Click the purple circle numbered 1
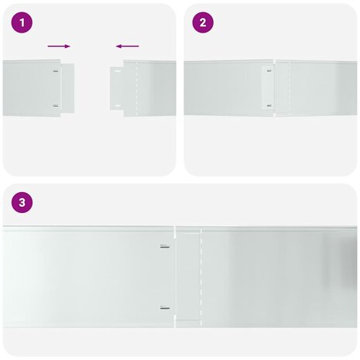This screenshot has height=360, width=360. [22, 22]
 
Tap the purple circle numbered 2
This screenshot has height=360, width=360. [203, 22]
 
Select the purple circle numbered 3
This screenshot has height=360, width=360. [22, 203]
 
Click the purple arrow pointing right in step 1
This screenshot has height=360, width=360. [58, 46]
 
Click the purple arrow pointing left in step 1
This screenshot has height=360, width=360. [127, 46]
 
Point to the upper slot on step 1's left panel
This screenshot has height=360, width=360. [56, 72]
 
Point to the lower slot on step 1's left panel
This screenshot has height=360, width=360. [56, 105]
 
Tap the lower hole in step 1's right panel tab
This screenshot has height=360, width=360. [117, 105]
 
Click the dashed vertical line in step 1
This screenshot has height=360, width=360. [136, 88]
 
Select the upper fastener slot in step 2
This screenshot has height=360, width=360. [269, 72]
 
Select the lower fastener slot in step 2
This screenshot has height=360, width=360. [269, 105]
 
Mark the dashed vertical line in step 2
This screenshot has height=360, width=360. [288, 88]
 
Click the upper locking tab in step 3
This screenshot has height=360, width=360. [165, 248]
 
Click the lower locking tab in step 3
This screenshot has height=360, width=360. [165, 308]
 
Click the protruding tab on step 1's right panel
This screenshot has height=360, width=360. [118, 88]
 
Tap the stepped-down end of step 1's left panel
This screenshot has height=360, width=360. [68, 88]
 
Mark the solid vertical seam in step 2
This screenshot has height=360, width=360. [273, 88]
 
